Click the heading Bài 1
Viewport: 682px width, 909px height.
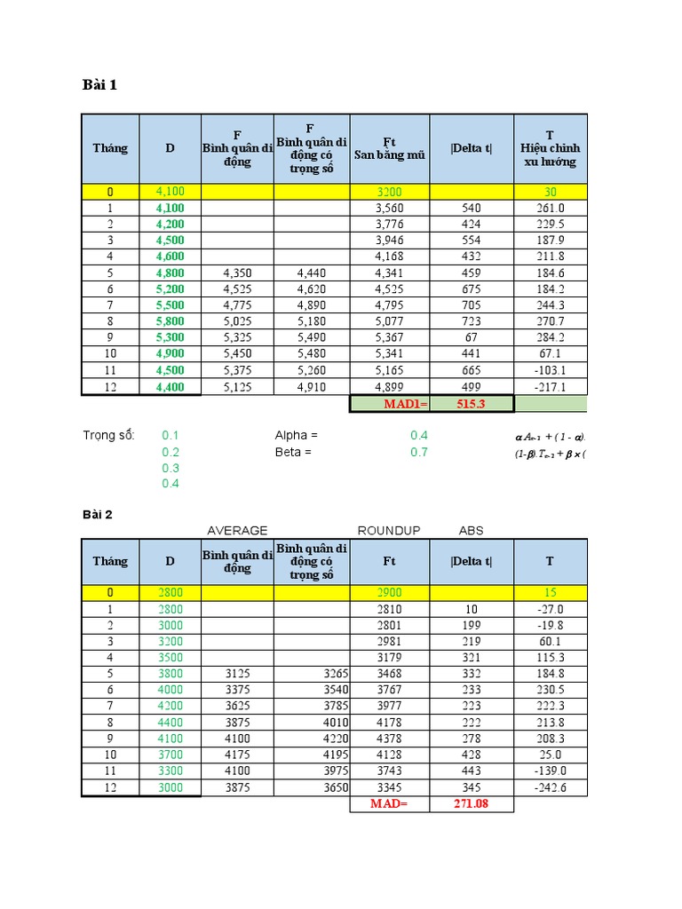click(x=99, y=85)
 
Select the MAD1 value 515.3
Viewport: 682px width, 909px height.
click(x=472, y=404)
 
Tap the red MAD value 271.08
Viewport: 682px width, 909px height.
click(x=471, y=804)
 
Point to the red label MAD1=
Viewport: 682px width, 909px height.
click(x=405, y=404)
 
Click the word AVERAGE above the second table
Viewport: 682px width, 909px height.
click(x=237, y=531)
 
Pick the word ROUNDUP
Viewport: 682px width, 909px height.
click(x=389, y=531)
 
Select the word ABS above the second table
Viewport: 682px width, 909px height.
click(x=472, y=531)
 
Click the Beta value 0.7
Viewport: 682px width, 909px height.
click(x=419, y=452)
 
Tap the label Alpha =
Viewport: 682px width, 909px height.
click(x=297, y=435)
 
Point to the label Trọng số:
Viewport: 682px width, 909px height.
click(x=107, y=435)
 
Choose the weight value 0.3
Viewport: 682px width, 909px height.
click(x=170, y=468)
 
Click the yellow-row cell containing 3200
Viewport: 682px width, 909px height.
click(x=389, y=191)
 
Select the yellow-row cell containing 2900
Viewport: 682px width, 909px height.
click(x=389, y=592)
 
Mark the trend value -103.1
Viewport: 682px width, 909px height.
click(x=551, y=369)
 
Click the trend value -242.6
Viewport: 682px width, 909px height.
click(x=551, y=787)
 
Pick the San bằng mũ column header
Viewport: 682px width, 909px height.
click(x=389, y=148)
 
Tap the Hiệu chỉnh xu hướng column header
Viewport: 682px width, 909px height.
click(x=550, y=148)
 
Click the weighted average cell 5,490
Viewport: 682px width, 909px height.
click(x=312, y=336)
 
